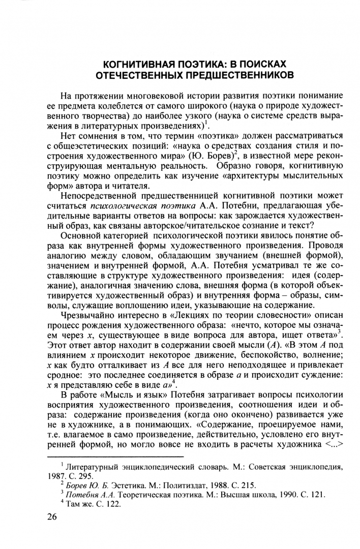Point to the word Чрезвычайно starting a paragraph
pyautogui.click(x=87, y=318)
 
